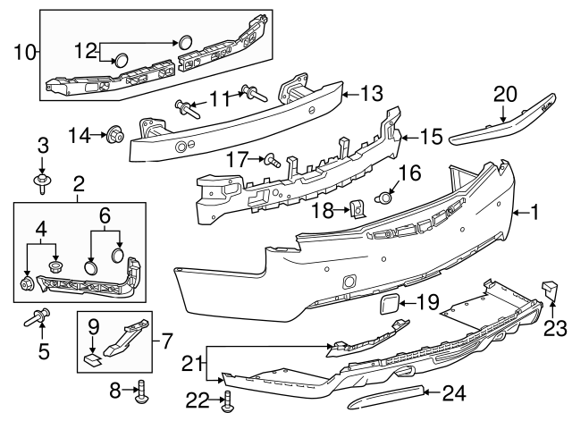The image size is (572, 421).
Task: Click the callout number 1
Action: point(534,213)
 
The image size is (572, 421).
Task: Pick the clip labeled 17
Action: point(272,161)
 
